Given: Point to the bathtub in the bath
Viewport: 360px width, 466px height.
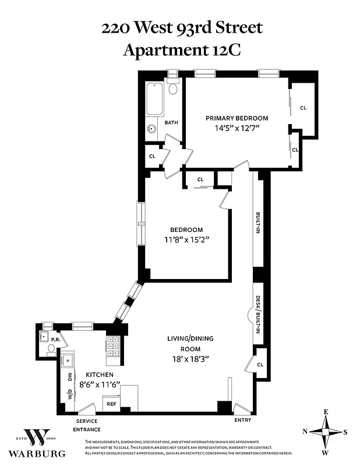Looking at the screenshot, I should pyautogui.click(x=155, y=98).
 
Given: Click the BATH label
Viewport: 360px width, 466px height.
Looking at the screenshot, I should pyautogui.click(x=171, y=123).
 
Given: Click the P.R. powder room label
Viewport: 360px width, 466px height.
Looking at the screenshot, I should pyautogui.click(x=56, y=340).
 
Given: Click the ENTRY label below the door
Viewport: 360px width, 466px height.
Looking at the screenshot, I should pyautogui.click(x=242, y=419).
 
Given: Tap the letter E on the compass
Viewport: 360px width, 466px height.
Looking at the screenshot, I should pyautogui.click(x=326, y=412).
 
